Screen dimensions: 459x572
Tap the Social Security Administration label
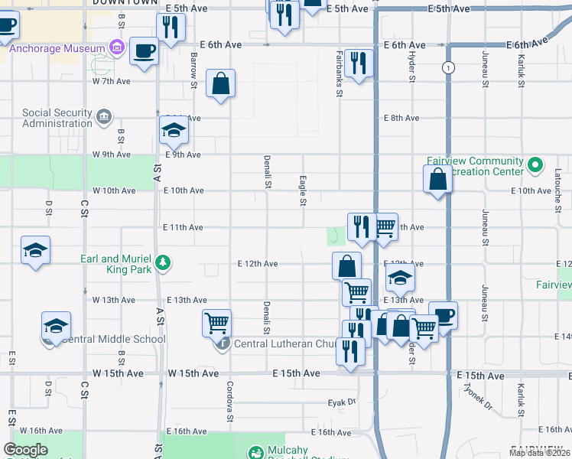tap(57, 118)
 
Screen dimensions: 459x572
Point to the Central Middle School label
tap(114, 339)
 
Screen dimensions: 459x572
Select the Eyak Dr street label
tap(342, 401)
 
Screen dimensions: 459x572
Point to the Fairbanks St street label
tap(338, 73)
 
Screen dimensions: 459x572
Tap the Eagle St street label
tap(303, 190)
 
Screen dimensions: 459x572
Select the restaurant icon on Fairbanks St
tap(359, 63)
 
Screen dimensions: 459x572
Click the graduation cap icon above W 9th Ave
tap(174, 132)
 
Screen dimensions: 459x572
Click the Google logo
tap(26, 450)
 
